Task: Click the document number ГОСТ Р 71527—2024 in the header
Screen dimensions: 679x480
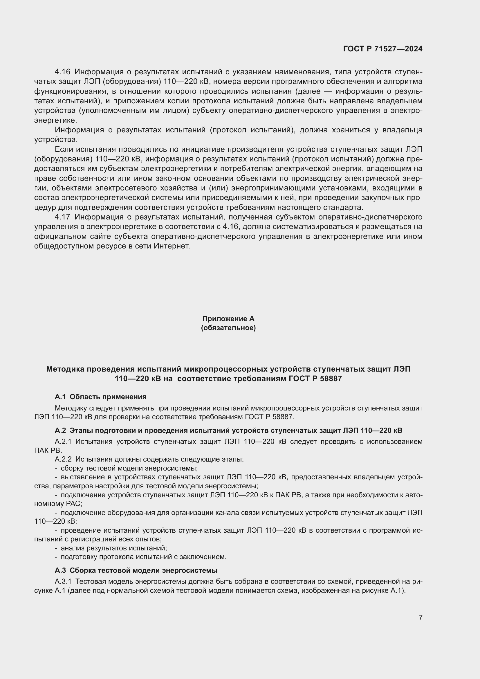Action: (382, 49)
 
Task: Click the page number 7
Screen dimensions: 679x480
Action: (420, 617)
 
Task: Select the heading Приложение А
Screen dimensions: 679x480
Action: (228, 318)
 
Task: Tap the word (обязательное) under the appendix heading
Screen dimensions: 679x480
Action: (228, 328)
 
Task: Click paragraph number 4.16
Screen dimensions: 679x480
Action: (62, 72)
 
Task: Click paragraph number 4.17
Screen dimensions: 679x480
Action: (62, 217)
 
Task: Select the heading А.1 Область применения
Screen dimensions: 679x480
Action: (100, 397)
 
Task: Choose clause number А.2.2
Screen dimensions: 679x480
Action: (63, 459)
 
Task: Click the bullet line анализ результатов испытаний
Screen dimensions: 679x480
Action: (114, 548)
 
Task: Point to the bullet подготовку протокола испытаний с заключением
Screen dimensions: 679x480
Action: (143, 557)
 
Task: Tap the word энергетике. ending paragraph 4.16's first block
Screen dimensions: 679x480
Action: (55, 120)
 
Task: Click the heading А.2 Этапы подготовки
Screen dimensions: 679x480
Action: (228, 430)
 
